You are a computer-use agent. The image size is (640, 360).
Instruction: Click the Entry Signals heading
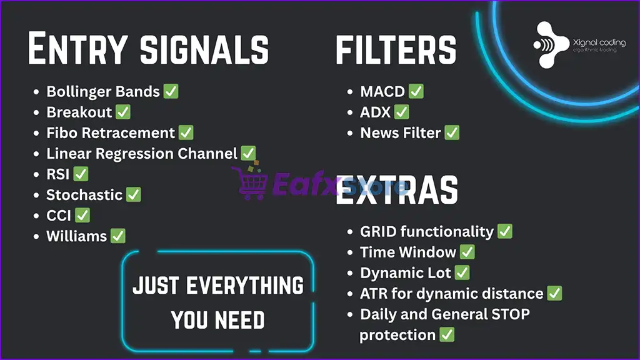[148, 48]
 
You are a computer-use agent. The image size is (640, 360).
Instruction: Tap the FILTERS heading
[396, 50]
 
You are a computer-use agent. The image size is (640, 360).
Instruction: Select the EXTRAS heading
[397, 190]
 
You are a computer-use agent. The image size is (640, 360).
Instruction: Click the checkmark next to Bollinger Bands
[171, 91]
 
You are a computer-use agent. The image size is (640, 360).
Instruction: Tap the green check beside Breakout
[123, 112]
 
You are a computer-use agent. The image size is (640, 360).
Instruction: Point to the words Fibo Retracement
[111, 132]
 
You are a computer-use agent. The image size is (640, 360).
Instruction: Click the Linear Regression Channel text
[142, 154]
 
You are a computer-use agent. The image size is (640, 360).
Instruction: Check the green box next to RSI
[81, 174]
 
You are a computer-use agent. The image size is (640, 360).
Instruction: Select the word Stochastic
[84, 195]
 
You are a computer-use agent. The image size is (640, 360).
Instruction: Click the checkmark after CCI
[82, 215]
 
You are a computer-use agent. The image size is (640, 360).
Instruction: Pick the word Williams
[77, 236]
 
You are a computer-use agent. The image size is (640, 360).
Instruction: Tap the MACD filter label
[382, 91]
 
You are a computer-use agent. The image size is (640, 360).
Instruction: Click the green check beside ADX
[402, 112]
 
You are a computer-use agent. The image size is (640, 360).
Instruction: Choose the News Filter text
[401, 132]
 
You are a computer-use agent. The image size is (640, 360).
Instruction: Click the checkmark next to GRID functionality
[505, 231]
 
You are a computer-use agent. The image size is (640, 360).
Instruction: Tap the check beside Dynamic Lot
[462, 272]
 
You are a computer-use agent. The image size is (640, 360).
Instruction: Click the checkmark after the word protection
[447, 335]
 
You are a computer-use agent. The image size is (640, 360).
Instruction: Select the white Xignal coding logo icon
[550, 45]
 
